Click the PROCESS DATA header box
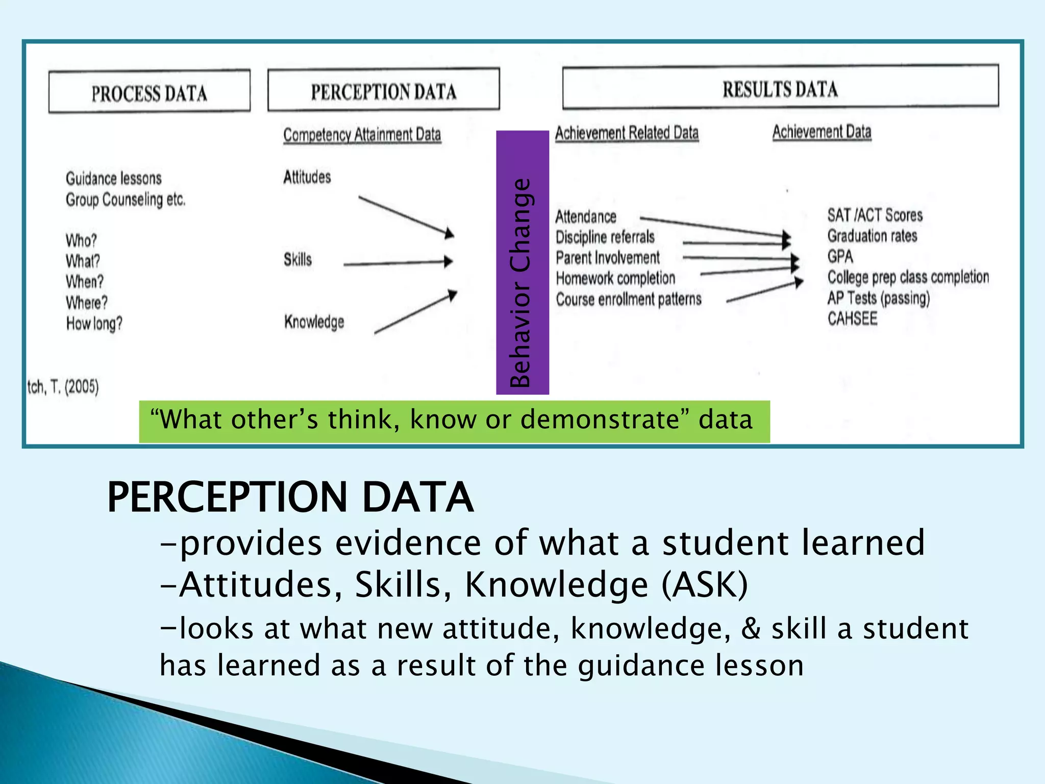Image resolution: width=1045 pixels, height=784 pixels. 149,92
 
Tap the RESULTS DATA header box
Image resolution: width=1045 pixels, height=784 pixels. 780,88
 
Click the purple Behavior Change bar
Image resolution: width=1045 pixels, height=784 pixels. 522,262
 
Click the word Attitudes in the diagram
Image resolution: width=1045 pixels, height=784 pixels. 307,177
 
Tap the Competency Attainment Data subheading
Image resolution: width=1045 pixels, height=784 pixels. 362,135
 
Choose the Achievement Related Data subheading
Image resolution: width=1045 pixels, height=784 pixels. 627,133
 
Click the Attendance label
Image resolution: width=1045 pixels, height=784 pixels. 586,216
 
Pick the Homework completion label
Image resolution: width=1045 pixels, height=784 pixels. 615,278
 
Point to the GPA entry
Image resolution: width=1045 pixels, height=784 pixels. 840,256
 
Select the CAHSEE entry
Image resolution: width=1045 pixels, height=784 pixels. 852,318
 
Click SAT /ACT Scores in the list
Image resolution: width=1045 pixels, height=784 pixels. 875,215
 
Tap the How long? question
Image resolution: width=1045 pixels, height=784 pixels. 94,323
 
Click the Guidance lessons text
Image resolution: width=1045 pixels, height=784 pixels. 113,178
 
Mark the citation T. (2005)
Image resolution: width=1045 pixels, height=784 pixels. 63,387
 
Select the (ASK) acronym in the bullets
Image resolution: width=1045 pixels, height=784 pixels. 705,584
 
